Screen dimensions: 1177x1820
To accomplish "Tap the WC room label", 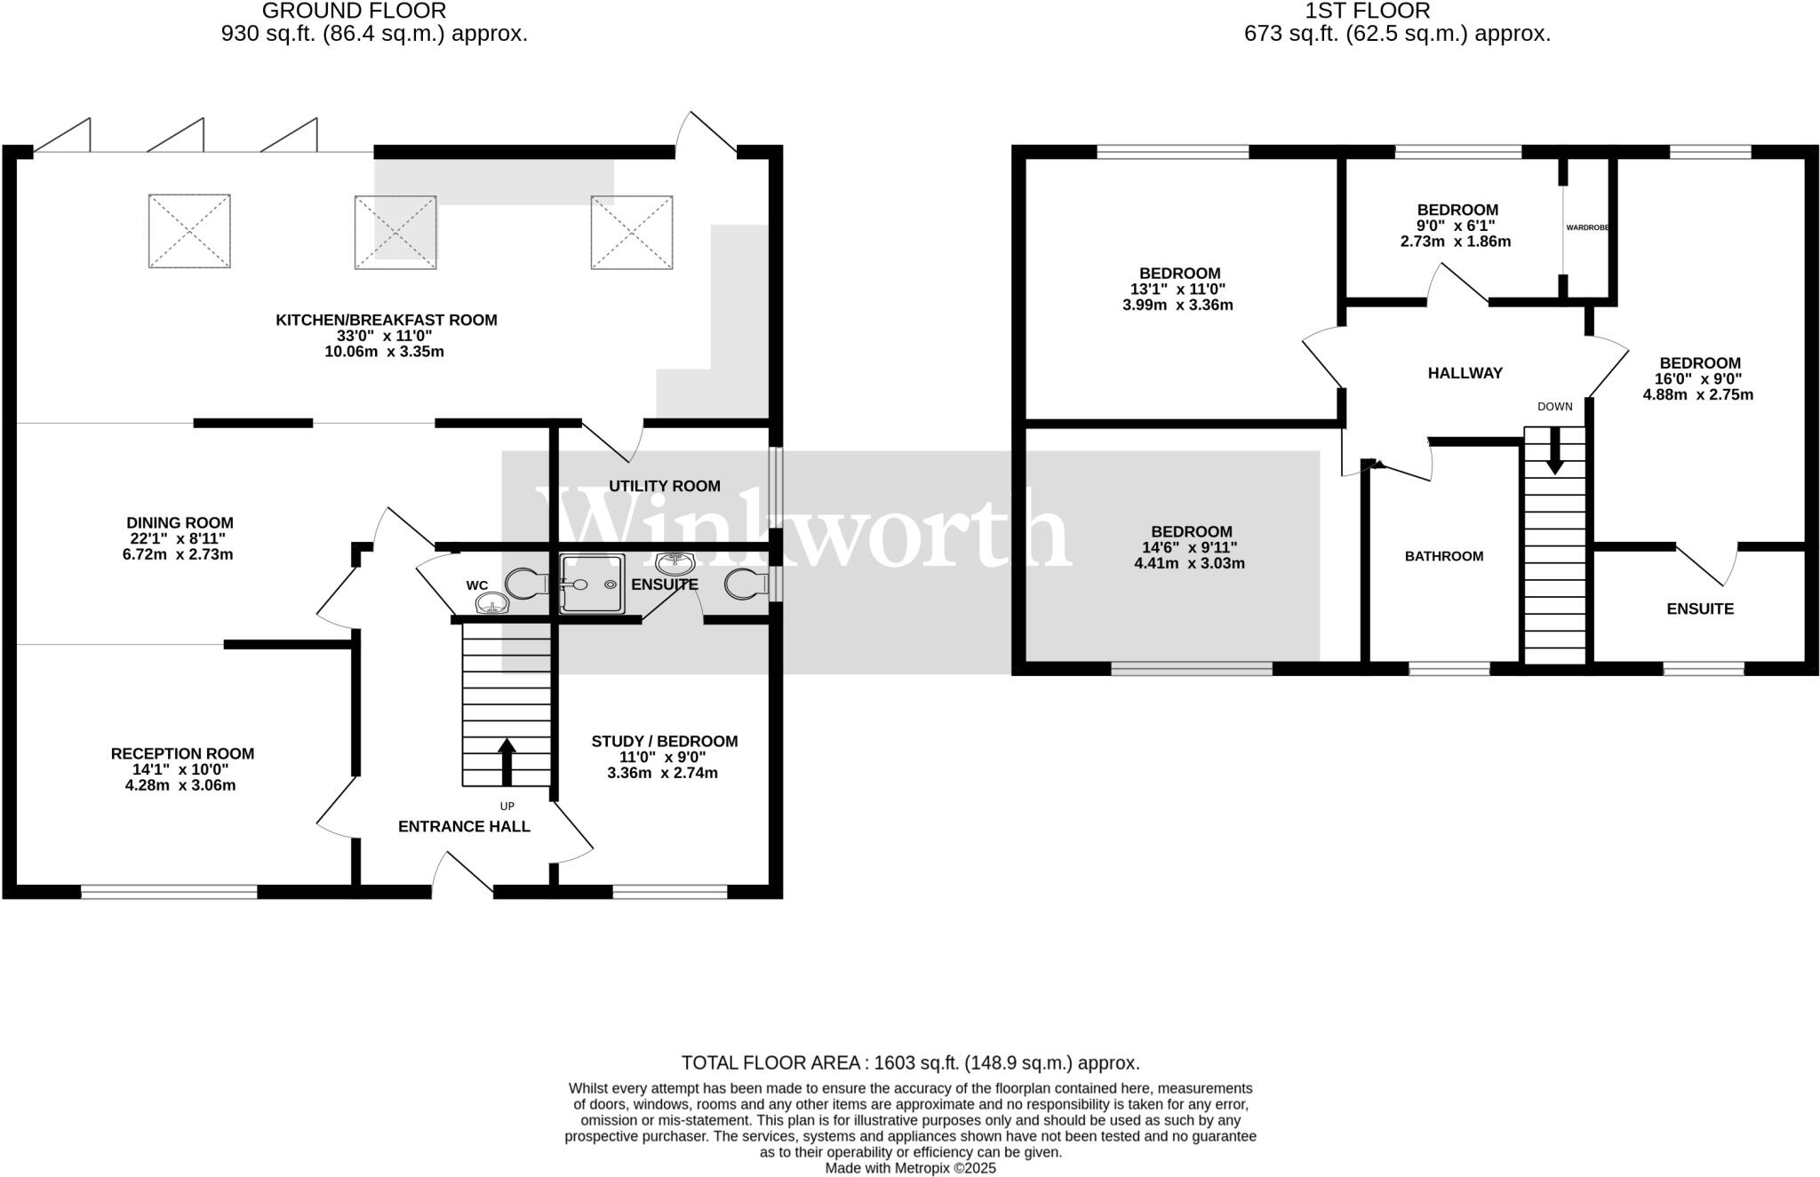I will point(477,585).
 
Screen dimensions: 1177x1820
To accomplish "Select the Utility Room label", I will point(664,486).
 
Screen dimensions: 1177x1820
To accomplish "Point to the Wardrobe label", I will point(1586,227).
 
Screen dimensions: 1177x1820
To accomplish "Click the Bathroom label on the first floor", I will point(1443,557).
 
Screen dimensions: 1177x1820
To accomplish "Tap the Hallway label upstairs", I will point(1465,373).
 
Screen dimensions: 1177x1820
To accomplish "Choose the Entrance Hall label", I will point(464,826).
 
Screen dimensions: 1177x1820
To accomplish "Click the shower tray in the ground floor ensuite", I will point(593,584).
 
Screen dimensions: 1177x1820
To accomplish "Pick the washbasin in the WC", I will point(491,605).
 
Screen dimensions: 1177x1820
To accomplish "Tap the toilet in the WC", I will point(527,584).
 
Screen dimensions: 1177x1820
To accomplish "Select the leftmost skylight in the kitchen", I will point(189,231).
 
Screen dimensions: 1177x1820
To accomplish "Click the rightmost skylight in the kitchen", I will point(632,232).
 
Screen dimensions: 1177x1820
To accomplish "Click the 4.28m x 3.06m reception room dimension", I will point(180,785).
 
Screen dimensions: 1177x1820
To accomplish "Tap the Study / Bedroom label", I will point(664,741).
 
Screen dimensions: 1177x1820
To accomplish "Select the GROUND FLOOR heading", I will point(354,12).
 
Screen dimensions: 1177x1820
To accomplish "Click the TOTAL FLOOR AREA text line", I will point(910,1062).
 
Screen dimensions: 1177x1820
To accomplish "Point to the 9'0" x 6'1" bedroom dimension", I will point(1457,226).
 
